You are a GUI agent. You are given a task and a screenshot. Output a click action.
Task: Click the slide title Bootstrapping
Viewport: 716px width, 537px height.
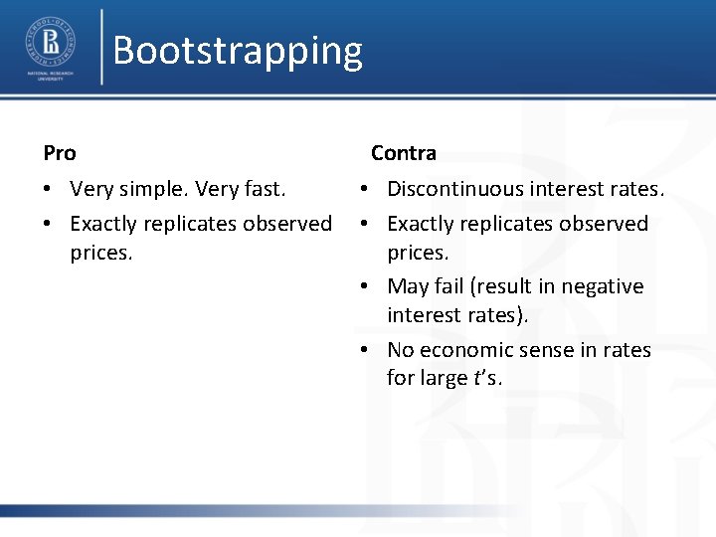point(238,50)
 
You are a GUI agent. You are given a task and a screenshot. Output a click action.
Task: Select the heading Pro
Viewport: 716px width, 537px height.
point(60,153)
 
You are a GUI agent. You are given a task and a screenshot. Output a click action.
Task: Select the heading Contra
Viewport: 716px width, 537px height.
point(403,153)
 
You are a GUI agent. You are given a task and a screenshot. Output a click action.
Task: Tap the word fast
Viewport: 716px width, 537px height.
point(262,189)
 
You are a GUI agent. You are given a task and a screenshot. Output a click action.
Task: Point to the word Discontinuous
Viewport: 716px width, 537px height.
point(454,189)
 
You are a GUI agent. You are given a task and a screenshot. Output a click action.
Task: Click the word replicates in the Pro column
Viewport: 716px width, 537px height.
point(187,224)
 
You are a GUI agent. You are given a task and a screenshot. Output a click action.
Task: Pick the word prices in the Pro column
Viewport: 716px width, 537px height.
point(100,253)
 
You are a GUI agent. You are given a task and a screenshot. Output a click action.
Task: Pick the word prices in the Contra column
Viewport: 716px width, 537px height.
point(418,253)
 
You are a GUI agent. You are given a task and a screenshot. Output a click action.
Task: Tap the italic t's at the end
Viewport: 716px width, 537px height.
point(490,378)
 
